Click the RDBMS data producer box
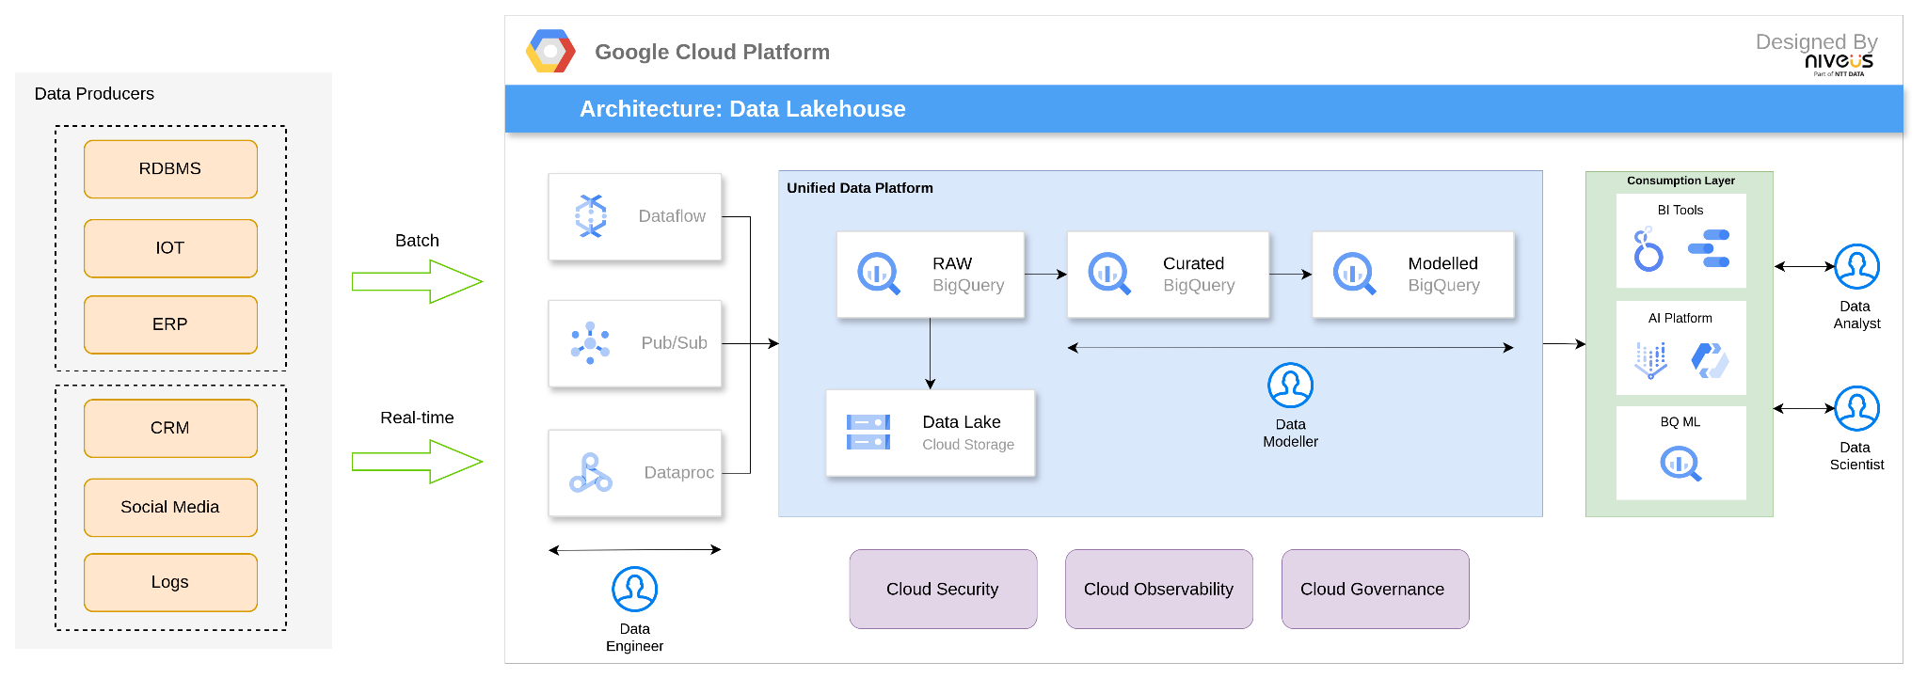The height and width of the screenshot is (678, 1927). pos(170,169)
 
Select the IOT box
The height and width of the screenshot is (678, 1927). pos(170,248)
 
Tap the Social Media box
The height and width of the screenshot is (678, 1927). pos(170,507)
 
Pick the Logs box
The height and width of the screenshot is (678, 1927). pos(170,582)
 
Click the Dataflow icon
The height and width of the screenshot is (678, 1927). pos(591,216)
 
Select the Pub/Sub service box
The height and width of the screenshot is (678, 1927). pos(635,343)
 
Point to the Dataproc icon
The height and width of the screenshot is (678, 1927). pos(590,473)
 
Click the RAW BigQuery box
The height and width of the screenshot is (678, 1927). pos(930,275)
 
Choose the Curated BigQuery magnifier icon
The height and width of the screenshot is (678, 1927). pos(1108,274)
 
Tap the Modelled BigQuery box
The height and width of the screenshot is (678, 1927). pos(1412,275)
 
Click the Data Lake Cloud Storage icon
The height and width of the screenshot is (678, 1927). pos(868,433)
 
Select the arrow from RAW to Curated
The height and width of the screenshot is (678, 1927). pos(1045,275)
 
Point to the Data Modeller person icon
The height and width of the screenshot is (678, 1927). pos(1290,386)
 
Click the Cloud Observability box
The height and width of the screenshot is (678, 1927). pos(1158,590)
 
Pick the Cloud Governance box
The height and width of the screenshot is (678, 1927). pos(1375,590)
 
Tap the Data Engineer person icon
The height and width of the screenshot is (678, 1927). pos(634,590)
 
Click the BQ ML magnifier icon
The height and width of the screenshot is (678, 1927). pos(1680,464)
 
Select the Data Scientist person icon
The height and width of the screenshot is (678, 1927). pos(1856,408)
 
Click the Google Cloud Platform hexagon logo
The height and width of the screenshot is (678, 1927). pos(550,52)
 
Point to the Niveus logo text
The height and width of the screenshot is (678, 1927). pos(1839,62)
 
